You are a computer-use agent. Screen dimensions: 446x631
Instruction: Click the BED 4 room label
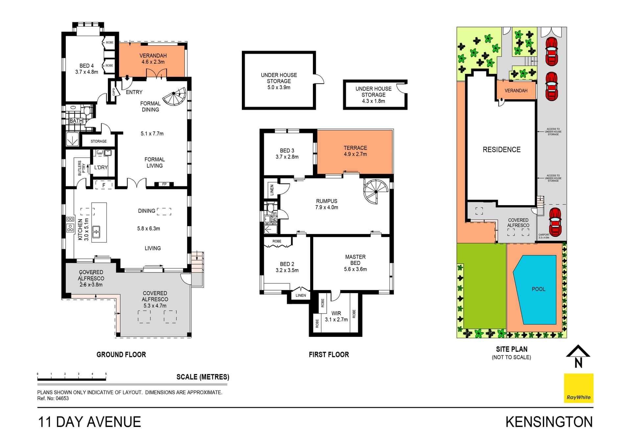click(x=86, y=66)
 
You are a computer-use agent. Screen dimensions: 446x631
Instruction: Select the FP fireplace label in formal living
click(x=164, y=184)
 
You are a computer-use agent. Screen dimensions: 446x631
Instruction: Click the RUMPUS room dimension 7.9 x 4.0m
click(x=326, y=207)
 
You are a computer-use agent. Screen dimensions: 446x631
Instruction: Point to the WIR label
click(x=336, y=313)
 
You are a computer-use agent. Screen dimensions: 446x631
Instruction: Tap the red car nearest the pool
click(x=555, y=222)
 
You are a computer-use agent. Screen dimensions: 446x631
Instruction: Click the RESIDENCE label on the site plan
click(x=502, y=150)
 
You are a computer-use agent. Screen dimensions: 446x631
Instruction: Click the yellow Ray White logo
click(x=578, y=388)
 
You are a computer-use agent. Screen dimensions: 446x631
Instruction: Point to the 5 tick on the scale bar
click(x=106, y=374)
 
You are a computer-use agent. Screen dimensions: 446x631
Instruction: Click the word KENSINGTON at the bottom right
click(x=549, y=422)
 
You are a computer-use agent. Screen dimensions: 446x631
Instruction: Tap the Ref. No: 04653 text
click(x=53, y=398)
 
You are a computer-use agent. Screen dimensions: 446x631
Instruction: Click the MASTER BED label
click(x=355, y=260)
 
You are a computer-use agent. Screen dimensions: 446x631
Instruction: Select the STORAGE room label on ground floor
click(x=99, y=141)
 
